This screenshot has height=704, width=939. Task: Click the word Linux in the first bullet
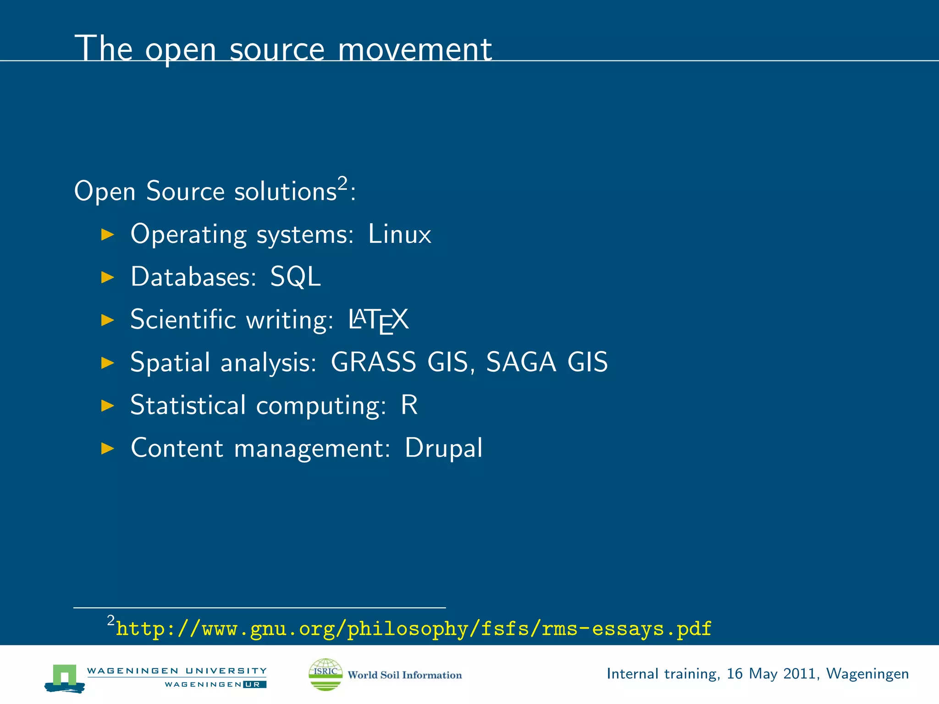pos(399,234)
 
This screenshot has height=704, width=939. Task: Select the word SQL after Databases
pos(295,277)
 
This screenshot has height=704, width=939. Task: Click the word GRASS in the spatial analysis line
pos(373,362)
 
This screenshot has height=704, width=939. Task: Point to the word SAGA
pos(521,362)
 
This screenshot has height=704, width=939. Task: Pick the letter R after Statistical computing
pos(409,405)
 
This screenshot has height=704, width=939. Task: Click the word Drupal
pos(443,448)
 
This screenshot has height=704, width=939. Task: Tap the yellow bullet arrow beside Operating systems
pos(107,235)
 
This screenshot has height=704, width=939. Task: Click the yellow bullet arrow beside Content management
pos(107,448)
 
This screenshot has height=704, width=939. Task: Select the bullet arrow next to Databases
pos(107,277)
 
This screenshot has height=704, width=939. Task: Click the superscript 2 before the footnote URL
pos(111,621)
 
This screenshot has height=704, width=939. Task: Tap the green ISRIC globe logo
pos(326,674)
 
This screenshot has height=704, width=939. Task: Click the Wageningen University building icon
pos(65,678)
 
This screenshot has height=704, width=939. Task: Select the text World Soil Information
pos(404,675)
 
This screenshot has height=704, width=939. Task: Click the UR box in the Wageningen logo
pos(254,685)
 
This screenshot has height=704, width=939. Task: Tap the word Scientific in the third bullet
pos(182,319)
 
